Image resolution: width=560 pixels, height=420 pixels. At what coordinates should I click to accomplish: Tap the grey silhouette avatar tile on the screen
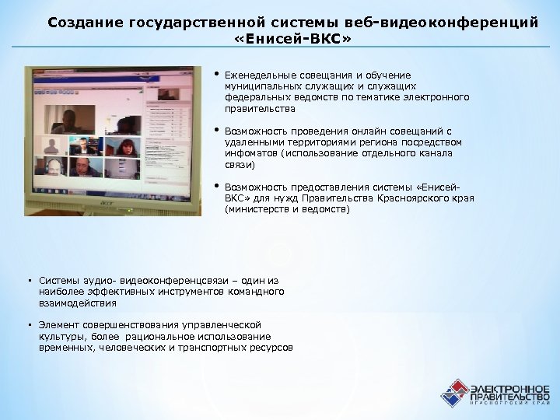pyautogui.click(x=53, y=145)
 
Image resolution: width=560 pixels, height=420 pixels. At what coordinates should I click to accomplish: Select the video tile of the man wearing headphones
pyautogui.click(x=53, y=166)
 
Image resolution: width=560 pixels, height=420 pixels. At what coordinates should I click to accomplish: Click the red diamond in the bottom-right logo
pyautogui.click(x=457, y=387)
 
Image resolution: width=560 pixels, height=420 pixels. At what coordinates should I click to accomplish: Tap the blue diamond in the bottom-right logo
pyautogui.click(x=449, y=398)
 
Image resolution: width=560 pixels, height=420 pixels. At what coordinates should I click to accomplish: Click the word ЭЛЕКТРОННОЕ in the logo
pyautogui.click(x=509, y=387)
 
